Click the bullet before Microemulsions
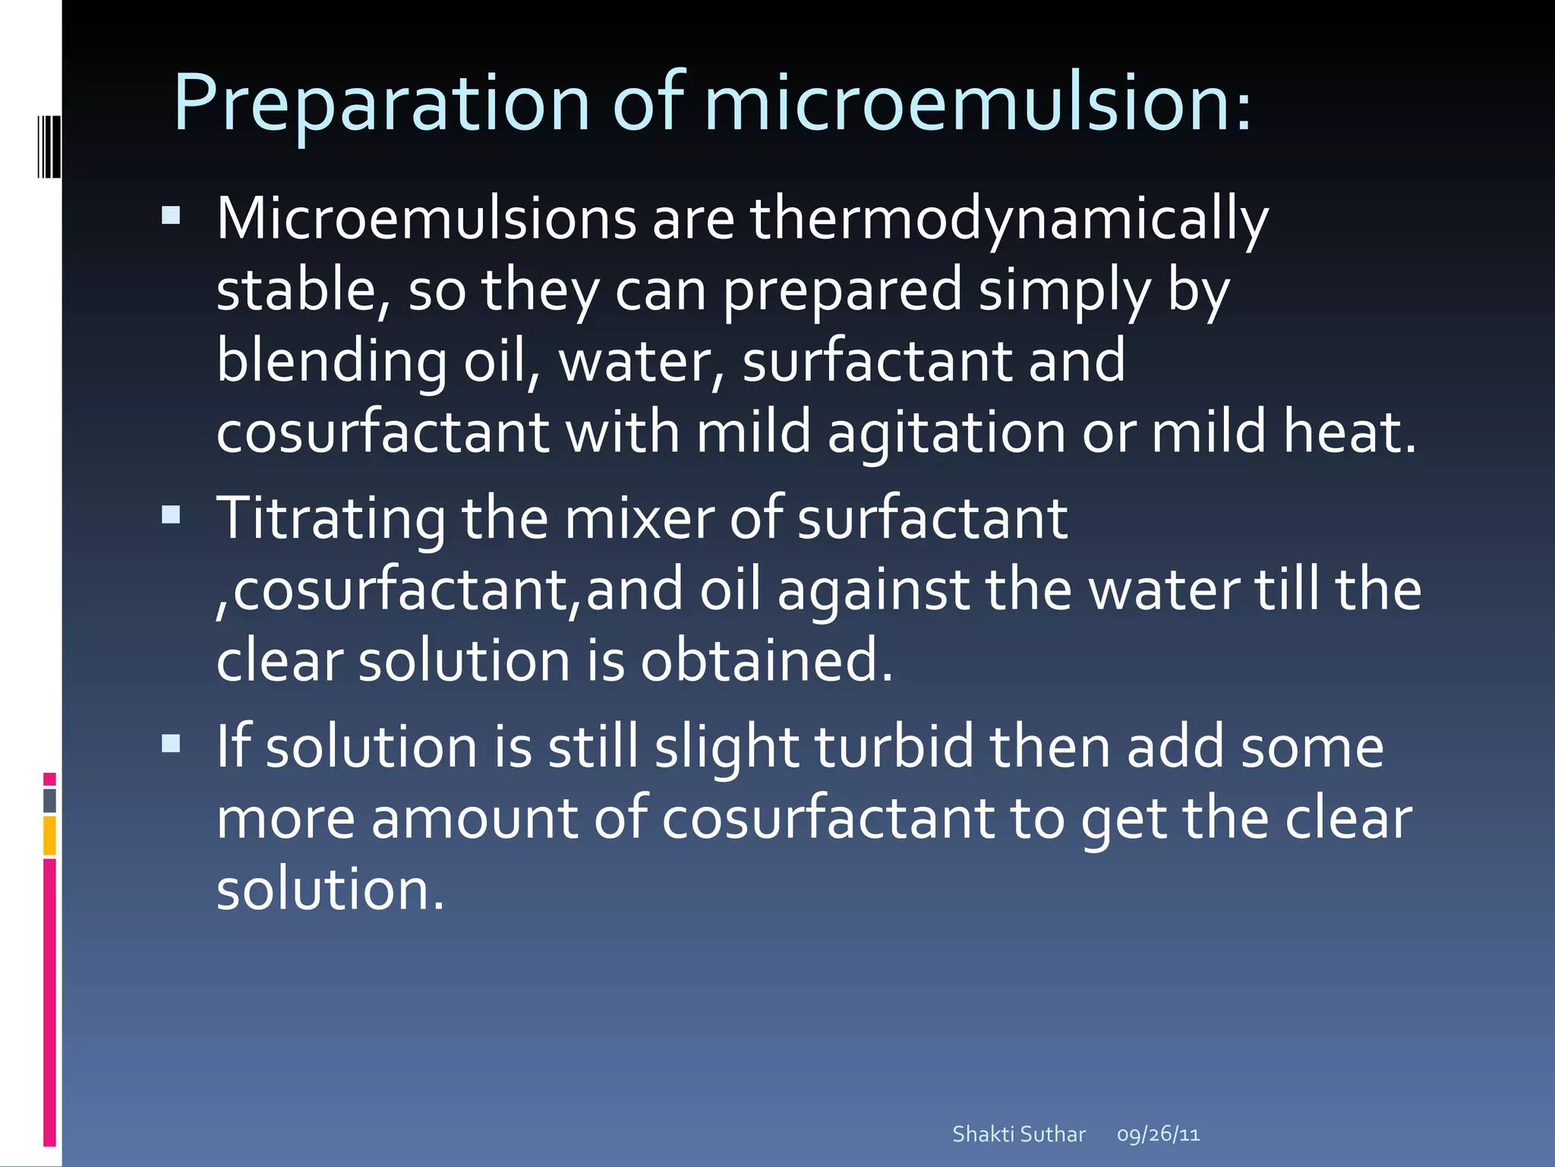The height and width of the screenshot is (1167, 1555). pyautogui.click(x=171, y=216)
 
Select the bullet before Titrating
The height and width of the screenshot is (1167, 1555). pyautogui.click(x=171, y=516)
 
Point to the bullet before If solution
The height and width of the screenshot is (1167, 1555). pyautogui.click(x=171, y=742)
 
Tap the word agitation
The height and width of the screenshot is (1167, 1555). pyautogui.click(x=946, y=432)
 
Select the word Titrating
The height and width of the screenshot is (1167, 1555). pyautogui.click(x=331, y=520)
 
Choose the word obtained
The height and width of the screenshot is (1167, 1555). pyautogui.click(x=767, y=660)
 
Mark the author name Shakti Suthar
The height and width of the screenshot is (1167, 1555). pyautogui.click(x=1019, y=1134)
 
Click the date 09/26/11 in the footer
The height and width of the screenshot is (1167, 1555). pyautogui.click(x=1158, y=1134)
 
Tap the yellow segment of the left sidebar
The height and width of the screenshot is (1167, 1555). pyautogui.click(x=49, y=836)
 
